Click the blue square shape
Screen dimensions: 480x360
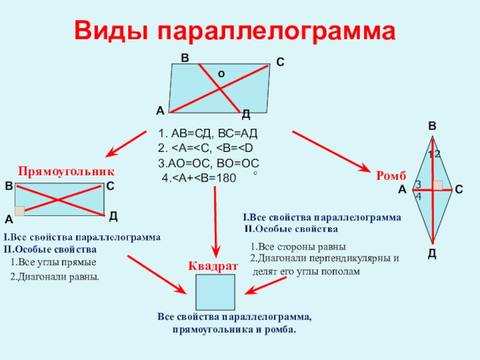(215, 291)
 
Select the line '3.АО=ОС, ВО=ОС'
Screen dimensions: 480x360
(208, 163)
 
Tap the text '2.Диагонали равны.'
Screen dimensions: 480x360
(55, 278)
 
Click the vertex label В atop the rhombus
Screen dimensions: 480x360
(432, 127)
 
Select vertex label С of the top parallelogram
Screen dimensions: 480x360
(280, 62)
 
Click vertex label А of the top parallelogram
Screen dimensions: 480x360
(160, 110)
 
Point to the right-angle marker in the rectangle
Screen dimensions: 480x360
(20, 211)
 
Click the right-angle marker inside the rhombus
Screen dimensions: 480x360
(439, 185)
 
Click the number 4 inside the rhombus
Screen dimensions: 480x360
(418, 196)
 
